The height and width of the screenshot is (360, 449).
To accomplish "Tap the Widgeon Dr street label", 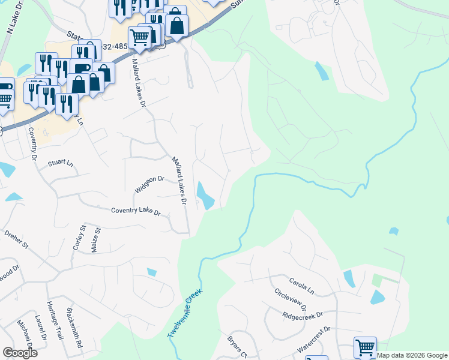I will click(149, 184).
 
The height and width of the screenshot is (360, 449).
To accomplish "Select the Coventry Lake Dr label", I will click(136, 212).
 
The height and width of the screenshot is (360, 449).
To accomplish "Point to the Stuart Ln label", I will click(60, 163).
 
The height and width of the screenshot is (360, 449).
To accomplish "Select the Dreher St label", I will click(16, 238).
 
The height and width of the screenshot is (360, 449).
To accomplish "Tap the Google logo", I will click(20, 353).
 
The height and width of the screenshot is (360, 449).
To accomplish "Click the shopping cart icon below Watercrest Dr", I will click(365, 347).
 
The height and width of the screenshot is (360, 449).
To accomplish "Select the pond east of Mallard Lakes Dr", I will click(205, 196).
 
